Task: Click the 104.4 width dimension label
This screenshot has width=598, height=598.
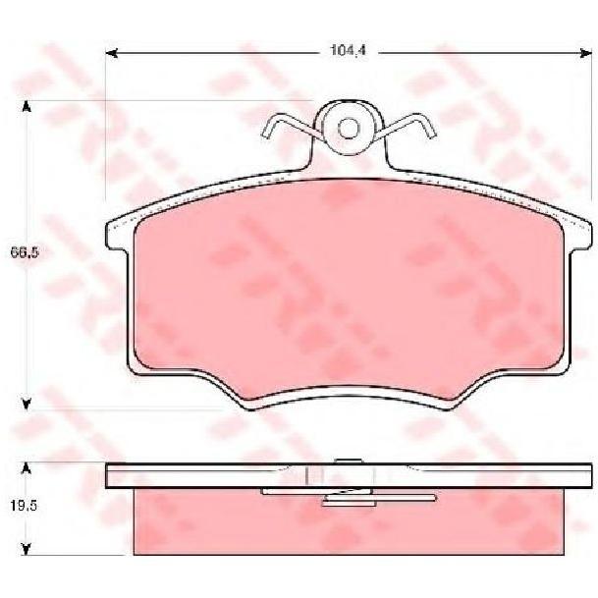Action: (348, 50)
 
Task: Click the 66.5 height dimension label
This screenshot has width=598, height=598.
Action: (25, 252)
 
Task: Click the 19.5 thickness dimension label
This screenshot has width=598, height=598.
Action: (25, 506)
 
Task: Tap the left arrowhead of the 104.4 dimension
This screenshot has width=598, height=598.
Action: (111, 53)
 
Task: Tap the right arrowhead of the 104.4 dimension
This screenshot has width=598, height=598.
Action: (586, 53)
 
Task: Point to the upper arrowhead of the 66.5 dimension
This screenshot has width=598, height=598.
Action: (26, 107)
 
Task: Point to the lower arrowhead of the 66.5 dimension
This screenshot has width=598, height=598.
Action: (26, 404)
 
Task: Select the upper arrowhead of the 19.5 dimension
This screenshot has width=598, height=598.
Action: (26, 468)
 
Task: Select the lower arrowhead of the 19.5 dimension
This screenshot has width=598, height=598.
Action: (26, 549)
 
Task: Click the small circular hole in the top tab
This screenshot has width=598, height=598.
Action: (349, 128)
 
